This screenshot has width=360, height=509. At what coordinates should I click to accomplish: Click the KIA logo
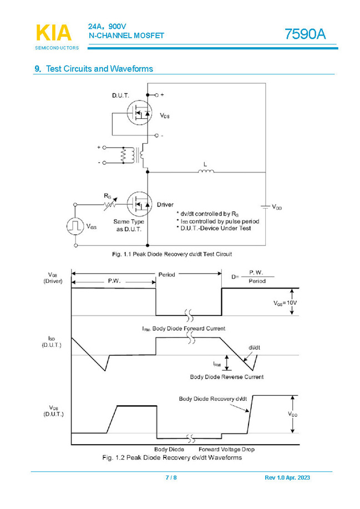coord(53,33)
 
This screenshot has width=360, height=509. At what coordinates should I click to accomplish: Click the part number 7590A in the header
coord(305,34)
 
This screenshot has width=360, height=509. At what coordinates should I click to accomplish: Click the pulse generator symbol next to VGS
coord(75,226)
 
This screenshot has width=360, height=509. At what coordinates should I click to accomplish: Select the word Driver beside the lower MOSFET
coord(165,205)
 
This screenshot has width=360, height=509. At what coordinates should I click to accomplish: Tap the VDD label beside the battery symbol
coord(276,207)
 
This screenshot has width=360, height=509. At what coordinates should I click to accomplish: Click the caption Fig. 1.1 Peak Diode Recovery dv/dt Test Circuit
coord(172,254)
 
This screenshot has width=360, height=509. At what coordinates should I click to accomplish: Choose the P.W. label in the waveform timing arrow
coord(114,281)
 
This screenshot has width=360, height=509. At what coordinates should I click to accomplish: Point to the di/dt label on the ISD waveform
coord(255,347)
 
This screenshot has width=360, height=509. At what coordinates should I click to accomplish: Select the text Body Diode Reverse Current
coord(226,377)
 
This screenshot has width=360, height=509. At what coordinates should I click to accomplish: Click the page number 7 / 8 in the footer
coord(171,478)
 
